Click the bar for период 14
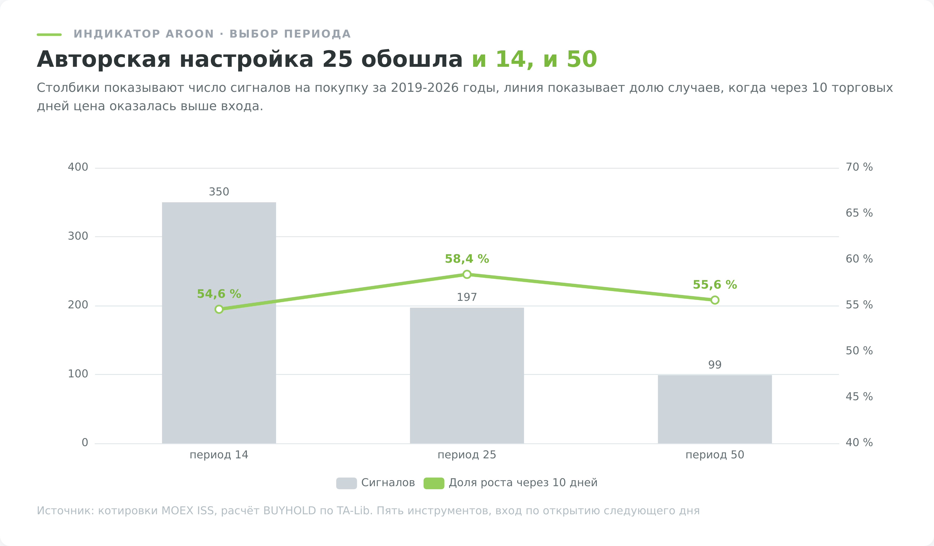click(x=219, y=323)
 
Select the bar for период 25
click(x=467, y=375)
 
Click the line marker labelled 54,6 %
click(x=219, y=309)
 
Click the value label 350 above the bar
click(x=219, y=192)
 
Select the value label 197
click(x=467, y=297)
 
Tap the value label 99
click(x=715, y=365)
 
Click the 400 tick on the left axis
click(x=78, y=167)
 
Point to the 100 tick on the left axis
click(x=78, y=374)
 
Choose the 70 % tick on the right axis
click(x=859, y=167)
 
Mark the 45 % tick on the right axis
click(x=859, y=397)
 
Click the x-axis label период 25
click(x=467, y=455)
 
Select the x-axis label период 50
click(x=715, y=455)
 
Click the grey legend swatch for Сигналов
click(x=347, y=483)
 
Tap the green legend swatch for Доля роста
click(x=434, y=483)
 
